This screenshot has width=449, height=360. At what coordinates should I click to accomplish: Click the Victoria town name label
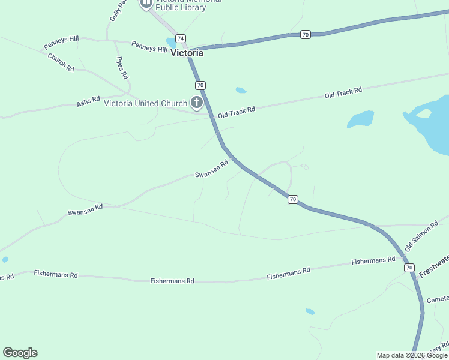(x=187, y=53)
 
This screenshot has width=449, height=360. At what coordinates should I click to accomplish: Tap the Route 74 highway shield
(x=181, y=37)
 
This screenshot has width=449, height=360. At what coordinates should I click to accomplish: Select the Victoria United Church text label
(x=146, y=103)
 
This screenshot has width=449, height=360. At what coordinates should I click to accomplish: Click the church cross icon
(x=196, y=103)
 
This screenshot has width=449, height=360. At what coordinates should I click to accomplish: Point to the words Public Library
(x=181, y=8)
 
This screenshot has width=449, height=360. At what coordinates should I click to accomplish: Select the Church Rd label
(x=61, y=63)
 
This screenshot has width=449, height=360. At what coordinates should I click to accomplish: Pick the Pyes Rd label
(x=122, y=68)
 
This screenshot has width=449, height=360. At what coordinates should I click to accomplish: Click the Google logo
(x=20, y=353)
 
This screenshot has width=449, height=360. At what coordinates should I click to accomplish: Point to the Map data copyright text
(x=412, y=355)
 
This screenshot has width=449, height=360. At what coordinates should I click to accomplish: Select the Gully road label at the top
(x=118, y=11)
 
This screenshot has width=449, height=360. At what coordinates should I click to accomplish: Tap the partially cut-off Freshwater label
(x=433, y=267)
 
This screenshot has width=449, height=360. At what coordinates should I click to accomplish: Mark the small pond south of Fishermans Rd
(x=310, y=311)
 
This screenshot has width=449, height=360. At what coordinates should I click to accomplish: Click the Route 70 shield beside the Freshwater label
(x=409, y=267)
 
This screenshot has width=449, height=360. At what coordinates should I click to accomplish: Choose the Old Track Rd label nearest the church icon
(x=237, y=112)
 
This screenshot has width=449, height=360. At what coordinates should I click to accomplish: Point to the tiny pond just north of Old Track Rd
(x=241, y=91)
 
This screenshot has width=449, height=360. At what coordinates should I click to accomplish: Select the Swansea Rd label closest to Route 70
(x=212, y=169)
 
